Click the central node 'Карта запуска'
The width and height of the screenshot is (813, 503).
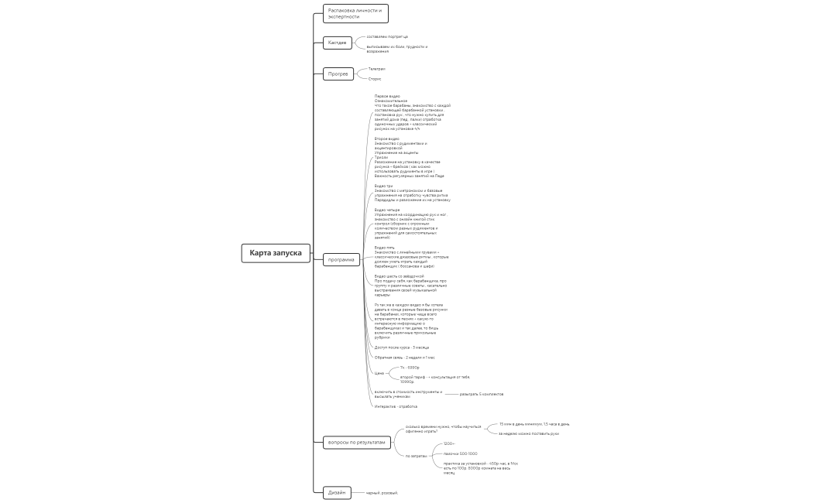coord(276,253)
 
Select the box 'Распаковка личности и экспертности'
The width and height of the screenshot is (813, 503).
coord(355,13)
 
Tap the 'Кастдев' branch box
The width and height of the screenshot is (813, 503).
coord(338,43)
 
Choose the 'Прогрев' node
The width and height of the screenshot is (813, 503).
coord(338,74)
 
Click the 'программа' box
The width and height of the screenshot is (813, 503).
coord(341,260)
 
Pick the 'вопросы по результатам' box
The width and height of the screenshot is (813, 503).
coord(356,443)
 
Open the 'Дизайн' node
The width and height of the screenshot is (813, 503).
coord(337,492)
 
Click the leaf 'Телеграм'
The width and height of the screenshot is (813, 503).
coord(376,69)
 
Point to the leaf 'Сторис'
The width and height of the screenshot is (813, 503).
coord(375,79)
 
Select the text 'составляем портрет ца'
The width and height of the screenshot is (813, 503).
coord(387,36)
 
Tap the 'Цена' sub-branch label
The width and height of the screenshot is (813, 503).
coord(379,373)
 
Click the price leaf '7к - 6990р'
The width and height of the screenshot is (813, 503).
coord(410,368)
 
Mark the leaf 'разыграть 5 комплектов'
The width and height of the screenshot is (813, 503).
coord(482,394)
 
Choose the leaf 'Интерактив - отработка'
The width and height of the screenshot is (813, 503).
coord(396,406)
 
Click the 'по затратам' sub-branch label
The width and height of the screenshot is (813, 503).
coord(416,456)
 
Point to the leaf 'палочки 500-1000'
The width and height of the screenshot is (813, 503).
coord(460,453)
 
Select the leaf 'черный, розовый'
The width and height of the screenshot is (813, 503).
coord(382,492)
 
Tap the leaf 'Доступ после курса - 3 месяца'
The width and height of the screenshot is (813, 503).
coord(402,347)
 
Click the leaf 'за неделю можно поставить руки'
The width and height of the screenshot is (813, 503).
coord(529,433)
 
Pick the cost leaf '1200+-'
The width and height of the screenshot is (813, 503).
coord(449,443)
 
